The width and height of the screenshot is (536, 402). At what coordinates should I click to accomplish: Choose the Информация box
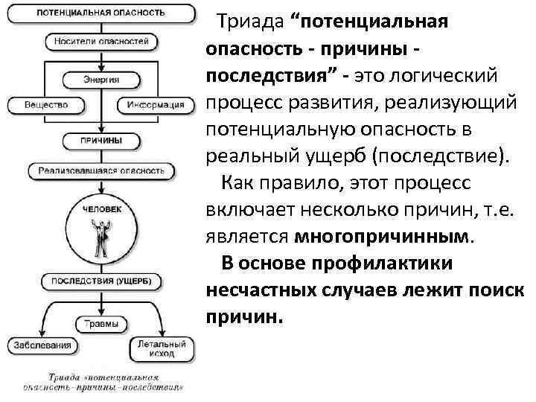coord(153,105)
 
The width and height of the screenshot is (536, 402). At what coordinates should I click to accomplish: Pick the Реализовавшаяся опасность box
coord(97,170)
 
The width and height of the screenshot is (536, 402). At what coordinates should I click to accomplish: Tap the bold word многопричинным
coord(383,236)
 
